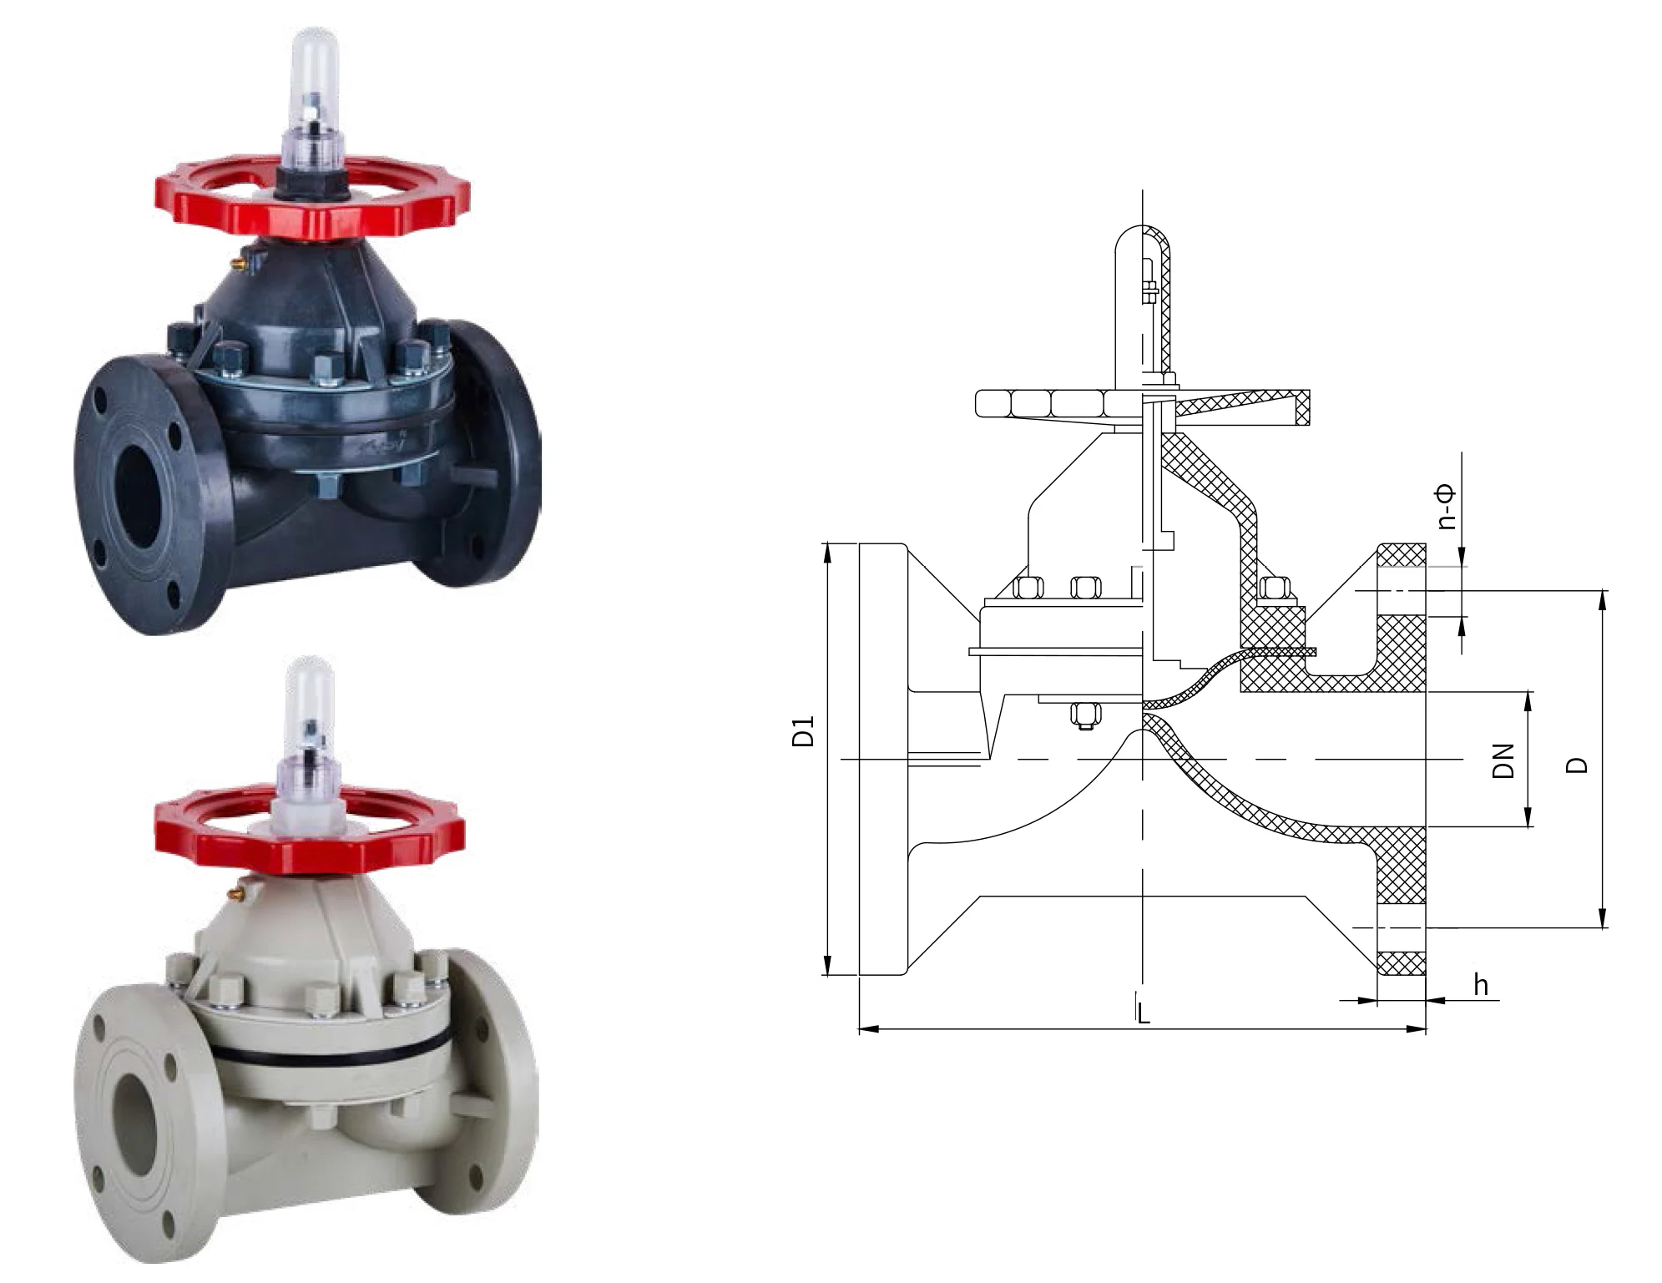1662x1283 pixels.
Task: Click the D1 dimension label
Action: point(803,730)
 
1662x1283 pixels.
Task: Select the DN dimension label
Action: point(1503,760)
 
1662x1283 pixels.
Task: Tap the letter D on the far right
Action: point(1576,764)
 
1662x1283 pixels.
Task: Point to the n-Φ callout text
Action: point(1447,507)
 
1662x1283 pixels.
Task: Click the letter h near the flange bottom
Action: point(1481,985)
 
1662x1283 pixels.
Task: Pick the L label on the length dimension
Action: point(1144,1013)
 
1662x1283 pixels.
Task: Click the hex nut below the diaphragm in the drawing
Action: point(1084,715)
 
